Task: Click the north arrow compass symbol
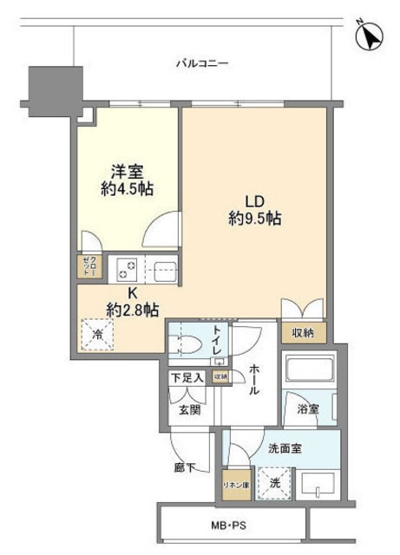[370, 36]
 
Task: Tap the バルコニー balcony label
[201, 62]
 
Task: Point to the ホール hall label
[253, 380]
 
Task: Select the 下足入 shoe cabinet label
[187, 377]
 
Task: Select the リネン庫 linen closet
[236, 484]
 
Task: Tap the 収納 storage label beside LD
[304, 333]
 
